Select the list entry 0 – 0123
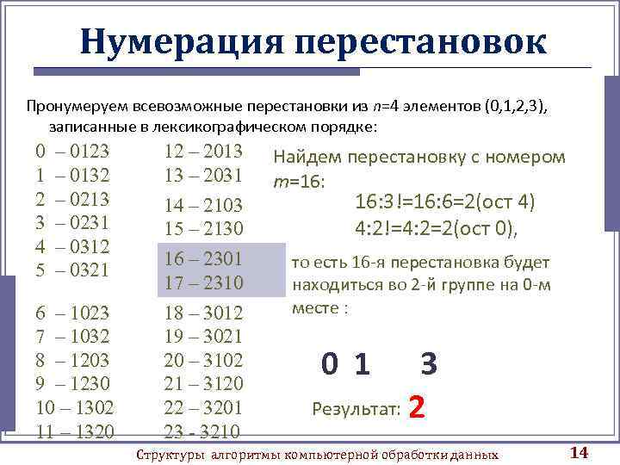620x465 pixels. [72, 152]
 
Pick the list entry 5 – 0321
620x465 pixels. [72, 270]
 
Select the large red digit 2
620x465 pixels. [418, 405]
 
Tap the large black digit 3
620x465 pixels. [429, 365]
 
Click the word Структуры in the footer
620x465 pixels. [169, 454]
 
